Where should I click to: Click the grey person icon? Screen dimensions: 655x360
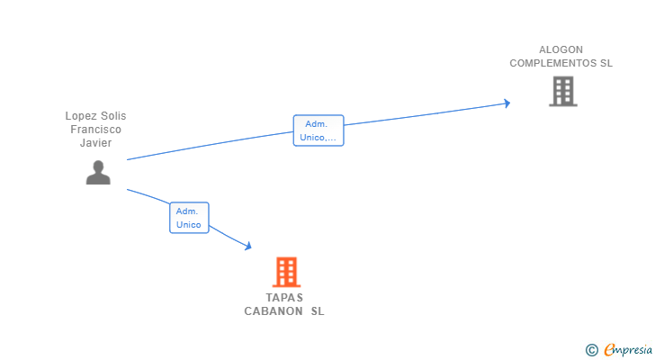pos(98,172)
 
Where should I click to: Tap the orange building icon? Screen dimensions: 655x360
pos(286,272)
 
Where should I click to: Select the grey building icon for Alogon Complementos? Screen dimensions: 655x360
pos(562,91)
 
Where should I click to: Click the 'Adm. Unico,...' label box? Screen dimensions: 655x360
pos(319,130)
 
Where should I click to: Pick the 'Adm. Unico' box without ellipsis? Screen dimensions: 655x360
pos(189,218)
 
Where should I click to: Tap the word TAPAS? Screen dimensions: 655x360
pos(284,298)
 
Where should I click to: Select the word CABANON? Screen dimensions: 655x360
pos(274,311)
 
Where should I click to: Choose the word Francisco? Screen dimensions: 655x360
pos(96,130)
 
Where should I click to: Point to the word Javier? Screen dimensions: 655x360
pos(96,143)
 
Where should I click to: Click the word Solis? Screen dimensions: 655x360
pos(113,116)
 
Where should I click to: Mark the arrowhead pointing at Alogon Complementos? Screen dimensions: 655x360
pos(507,103)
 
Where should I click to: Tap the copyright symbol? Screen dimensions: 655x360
pos(592,350)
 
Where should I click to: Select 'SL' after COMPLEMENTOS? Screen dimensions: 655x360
pos(606,63)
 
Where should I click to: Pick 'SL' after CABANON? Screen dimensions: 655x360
pos(317,311)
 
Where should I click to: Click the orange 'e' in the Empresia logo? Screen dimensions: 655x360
pos(610,350)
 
